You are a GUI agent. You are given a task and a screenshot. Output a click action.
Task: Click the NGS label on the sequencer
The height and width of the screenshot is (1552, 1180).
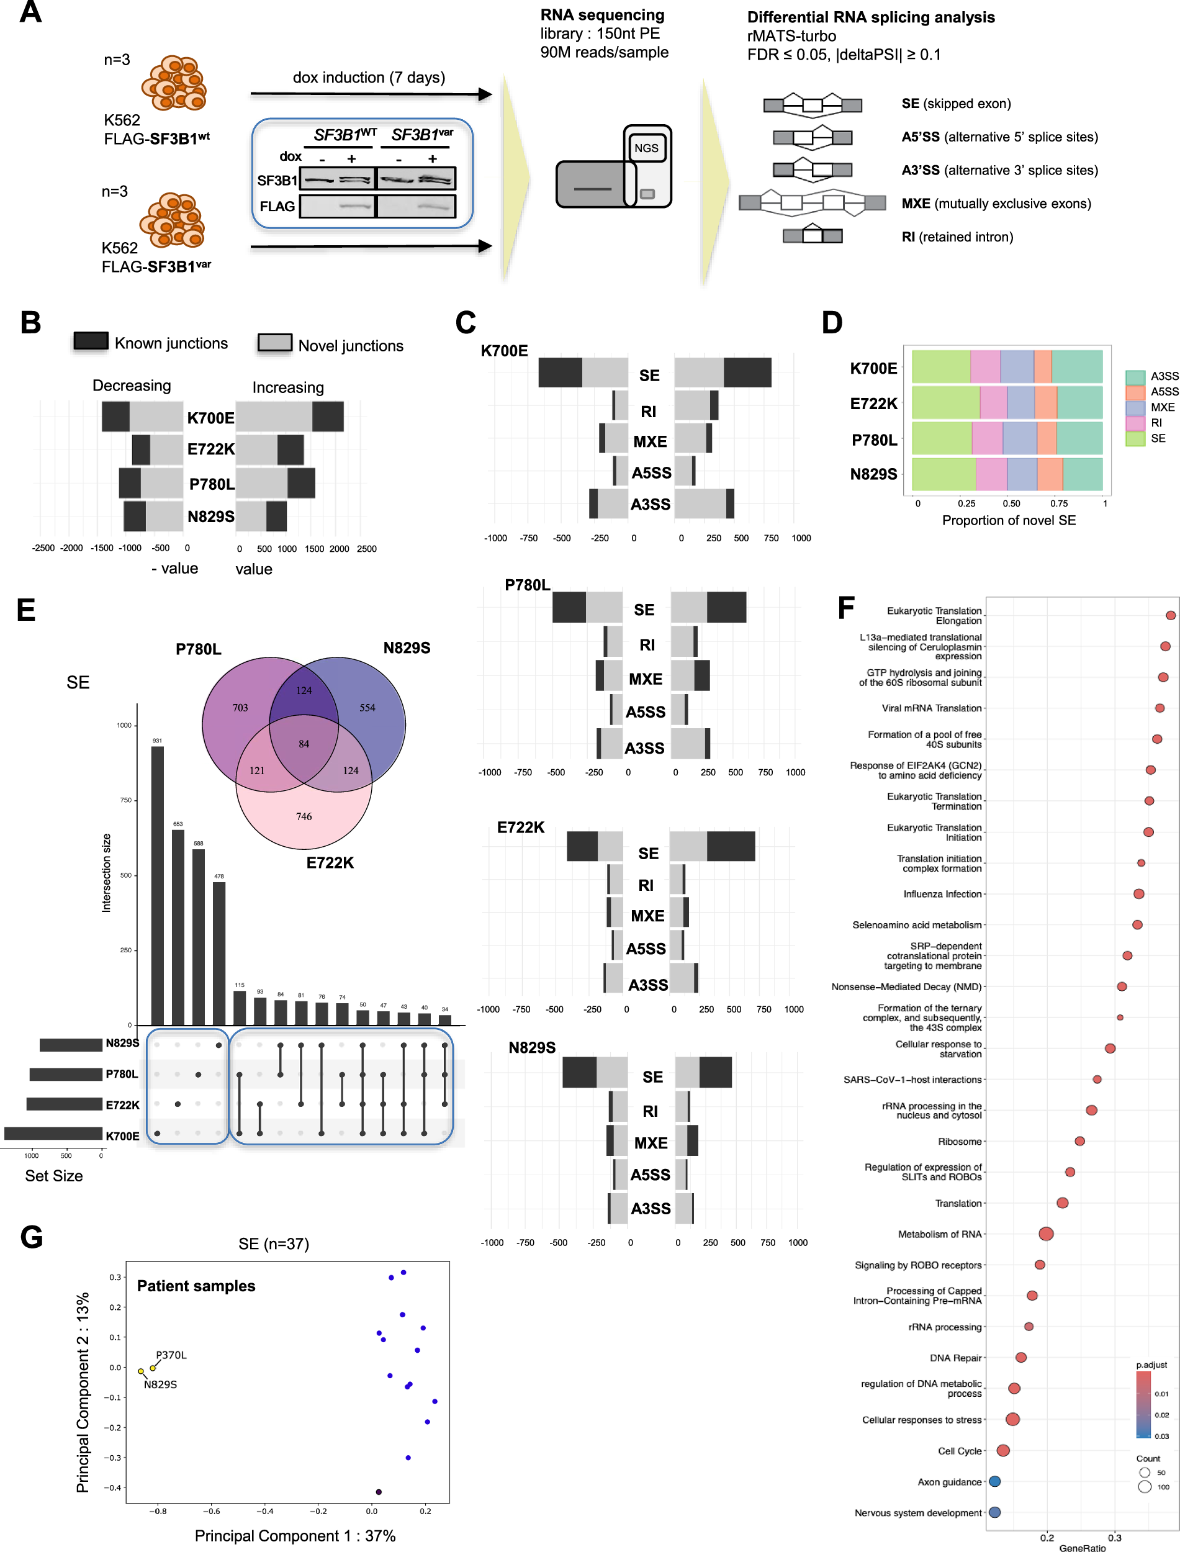[646, 148]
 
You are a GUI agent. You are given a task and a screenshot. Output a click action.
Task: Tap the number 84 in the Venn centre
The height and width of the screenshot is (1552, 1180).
[304, 744]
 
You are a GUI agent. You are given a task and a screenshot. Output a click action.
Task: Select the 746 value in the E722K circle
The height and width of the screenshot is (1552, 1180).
[304, 816]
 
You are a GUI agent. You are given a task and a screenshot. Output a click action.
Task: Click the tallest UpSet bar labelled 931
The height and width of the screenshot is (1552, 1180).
[157, 885]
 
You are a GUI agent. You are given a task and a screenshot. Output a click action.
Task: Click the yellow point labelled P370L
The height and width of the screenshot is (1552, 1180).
[153, 1368]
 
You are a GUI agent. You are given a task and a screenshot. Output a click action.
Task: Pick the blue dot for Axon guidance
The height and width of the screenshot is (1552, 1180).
[994, 1481]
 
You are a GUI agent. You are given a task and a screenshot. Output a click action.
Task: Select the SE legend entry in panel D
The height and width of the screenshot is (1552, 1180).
[1136, 438]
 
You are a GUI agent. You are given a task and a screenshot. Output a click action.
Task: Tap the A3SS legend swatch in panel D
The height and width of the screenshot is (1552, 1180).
[1136, 376]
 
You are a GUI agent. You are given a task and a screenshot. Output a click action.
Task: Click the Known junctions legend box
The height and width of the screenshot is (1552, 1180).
[91, 341]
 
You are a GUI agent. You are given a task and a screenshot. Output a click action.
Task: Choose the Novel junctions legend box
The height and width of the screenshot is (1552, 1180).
[274, 343]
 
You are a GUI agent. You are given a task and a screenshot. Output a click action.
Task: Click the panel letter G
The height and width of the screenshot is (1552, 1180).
[32, 1237]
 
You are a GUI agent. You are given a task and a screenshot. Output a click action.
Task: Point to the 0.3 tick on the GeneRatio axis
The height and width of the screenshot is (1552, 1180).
[1115, 1537]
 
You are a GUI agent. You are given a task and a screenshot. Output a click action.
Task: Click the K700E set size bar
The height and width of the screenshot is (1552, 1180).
[53, 1134]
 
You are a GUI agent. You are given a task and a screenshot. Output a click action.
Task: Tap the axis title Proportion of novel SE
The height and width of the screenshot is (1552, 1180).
[1009, 520]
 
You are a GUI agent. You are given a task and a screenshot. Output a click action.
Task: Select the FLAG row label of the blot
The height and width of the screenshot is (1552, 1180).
[277, 207]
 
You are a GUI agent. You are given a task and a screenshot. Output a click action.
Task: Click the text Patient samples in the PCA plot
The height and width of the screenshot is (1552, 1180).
[196, 1286]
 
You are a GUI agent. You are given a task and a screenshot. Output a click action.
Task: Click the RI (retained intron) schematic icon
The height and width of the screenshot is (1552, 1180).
[813, 235]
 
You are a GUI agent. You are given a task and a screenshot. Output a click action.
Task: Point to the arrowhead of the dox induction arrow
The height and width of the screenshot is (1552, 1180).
[485, 94]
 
